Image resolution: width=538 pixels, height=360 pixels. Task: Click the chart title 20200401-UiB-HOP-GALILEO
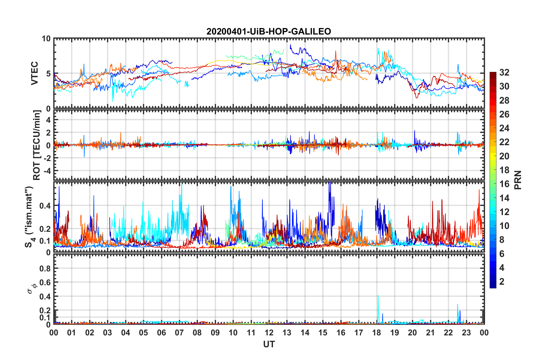(x=269, y=31)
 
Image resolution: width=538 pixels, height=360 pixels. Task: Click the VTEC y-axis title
(x=35, y=73)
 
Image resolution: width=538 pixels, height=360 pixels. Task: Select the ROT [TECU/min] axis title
(x=37, y=145)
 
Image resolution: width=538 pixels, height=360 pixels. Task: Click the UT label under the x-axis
(x=269, y=344)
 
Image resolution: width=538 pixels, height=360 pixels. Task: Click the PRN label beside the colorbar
(x=518, y=180)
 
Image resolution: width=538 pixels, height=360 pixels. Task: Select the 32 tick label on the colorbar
(x=504, y=72)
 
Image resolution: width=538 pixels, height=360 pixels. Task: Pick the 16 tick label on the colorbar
(x=504, y=184)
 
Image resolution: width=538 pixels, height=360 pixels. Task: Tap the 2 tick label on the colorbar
(x=502, y=282)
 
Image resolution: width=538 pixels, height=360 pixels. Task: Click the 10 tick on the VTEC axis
(x=46, y=39)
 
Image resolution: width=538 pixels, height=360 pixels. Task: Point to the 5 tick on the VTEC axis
(x=48, y=74)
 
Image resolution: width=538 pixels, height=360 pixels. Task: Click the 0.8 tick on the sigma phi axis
(x=45, y=268)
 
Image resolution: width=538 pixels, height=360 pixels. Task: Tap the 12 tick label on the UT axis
(x=269, y=333)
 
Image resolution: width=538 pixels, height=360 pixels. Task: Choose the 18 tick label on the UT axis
(x=376, y=333)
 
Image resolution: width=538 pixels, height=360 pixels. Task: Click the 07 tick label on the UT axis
(x=179, y=333)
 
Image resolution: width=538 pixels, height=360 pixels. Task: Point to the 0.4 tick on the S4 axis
(x=45, y=206)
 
